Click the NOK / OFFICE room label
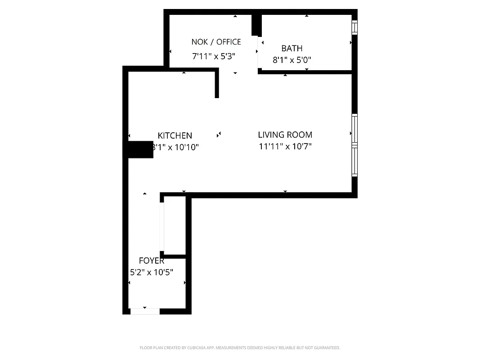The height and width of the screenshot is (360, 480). pyautogui.click(x=216, y=42)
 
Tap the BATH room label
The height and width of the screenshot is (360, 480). pyautogui.click(x=292, y=48)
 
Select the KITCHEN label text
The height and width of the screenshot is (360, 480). pyautogui.click(x=175, y=135)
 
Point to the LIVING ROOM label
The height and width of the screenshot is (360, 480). pyautogui.click(x=285, y=135)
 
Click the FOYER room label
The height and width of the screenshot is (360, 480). pyautogui.click(x=151, y=261)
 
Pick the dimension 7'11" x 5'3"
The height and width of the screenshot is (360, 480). pyautogui.click(x=214, y=57)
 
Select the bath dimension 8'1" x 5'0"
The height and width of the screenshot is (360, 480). pyautogui.click(x=292, y=59)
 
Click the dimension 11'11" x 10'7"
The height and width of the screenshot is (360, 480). pyautogui.click(x=285, y=146)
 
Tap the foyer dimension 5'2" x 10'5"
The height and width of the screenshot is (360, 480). pyautogui.click(x=151, y=272)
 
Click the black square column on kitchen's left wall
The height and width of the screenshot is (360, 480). pyautogui.click(x=140, y=149)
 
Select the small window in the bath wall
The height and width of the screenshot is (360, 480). pyautogui.click(x=354, y=28)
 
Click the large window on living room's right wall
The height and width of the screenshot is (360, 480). pyautogui.click(x=354, y=145)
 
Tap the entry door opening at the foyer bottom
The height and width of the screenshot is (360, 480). pyautogui.click(x=145, y=311)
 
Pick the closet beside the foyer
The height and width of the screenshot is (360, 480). pyautogui.click(x=175, y=225)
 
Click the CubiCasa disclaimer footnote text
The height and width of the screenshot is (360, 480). pyautogui.click(x=240, y=348)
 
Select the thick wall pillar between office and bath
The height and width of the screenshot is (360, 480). pyautogui.click(x=256, y=25)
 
